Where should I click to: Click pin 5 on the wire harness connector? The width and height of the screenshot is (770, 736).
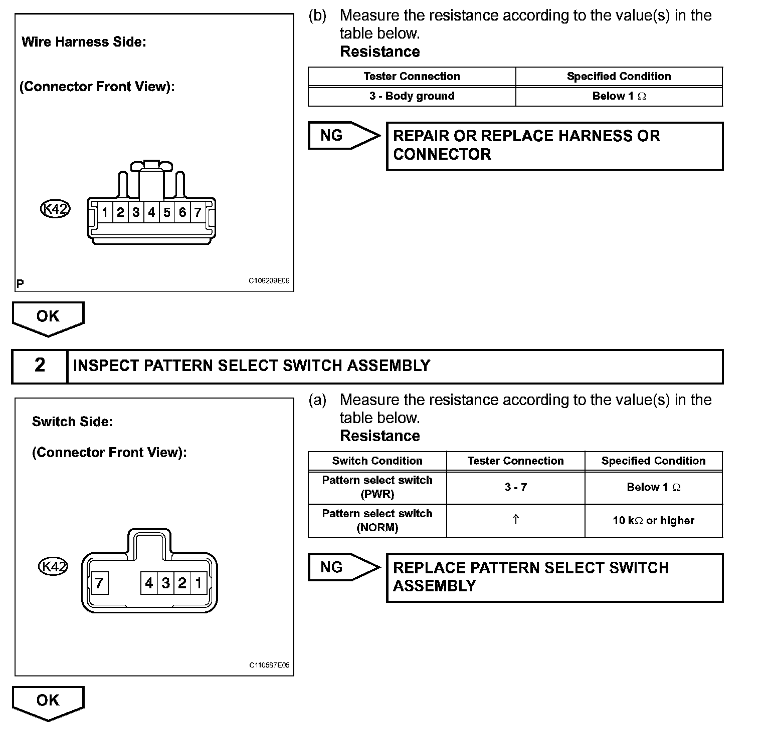click(x=167, y=213)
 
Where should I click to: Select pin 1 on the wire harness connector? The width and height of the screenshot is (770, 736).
click(x=105, y=213)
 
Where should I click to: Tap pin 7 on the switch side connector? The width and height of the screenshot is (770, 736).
click(x=99, y=583)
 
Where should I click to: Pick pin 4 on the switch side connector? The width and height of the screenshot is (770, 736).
click(x=149, y=583)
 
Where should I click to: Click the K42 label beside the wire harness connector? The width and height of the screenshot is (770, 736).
click(x=55, y=209)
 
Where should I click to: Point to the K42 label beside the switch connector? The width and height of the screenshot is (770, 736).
click(x=53, y=567)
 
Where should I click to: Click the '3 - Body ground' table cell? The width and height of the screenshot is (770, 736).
click(x=412, y=96)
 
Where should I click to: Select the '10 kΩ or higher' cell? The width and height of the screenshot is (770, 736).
click(x=653, y=521)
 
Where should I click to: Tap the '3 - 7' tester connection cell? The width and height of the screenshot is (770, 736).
click(x=515, y=487)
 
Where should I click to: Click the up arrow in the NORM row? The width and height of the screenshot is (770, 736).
click(x=515, y=520)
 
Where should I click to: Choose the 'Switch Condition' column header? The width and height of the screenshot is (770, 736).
click(x=377, y=461)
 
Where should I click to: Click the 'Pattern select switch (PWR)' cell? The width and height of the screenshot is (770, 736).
click(x=377, y=487)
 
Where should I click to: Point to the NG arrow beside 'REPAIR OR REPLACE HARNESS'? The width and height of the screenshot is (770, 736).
click(x=343, y=135)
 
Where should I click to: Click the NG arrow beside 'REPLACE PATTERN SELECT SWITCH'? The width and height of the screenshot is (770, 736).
click(x=343, y=567)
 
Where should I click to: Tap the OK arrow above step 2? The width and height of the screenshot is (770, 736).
click(x=48, y=317)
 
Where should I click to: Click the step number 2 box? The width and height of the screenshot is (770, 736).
click(x=40, y=365)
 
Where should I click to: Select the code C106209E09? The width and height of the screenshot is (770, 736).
click(x=269, y=281)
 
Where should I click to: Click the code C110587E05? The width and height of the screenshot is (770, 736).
click(x=269, y=665)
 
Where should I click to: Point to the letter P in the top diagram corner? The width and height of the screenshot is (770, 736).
click(x=20, y=284)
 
